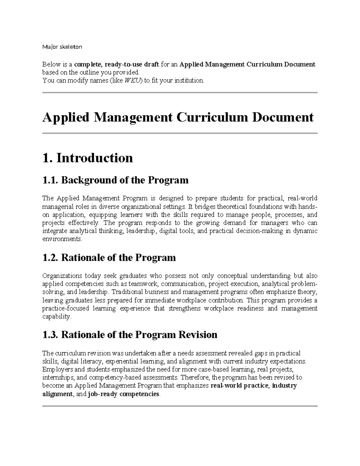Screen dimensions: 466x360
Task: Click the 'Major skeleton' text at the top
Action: pyautogui.click(x=62, y=47)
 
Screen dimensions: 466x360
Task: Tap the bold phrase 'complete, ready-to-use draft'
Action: pyautogui.click(x=117, y=65)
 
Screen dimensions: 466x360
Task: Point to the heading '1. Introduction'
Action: pyautogui.click(x=88, y=158)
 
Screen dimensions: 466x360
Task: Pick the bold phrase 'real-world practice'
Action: pyautogui.click(x=239, y=386)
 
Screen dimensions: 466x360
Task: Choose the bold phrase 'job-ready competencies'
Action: pyautogui.click(x=124, y=394)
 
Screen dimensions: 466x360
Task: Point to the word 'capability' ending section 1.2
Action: pyautogui.click(x=56, y=317)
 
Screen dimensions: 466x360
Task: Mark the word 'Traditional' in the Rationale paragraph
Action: pyautogui.click(x=127, y=292)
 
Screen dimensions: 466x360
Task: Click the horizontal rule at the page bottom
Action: pyautogui.click(x=180, y=406)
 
